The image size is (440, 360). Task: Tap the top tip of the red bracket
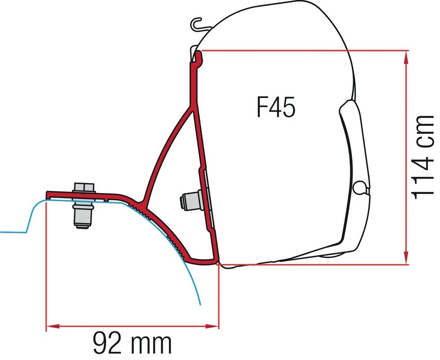(x=199, y=54)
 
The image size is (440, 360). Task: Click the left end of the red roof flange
(x=48, y=194)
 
